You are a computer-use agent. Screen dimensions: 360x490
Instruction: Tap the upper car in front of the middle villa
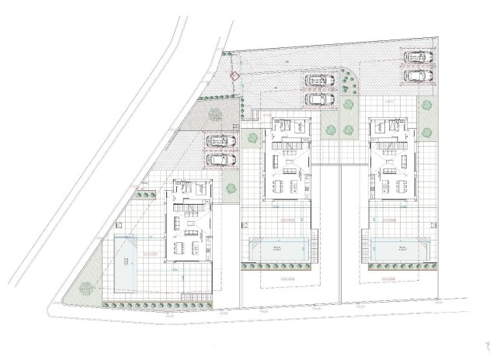316,81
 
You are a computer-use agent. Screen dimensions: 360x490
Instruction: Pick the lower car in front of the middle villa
316,99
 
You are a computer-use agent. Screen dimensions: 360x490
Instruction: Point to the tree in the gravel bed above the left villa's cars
215,116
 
